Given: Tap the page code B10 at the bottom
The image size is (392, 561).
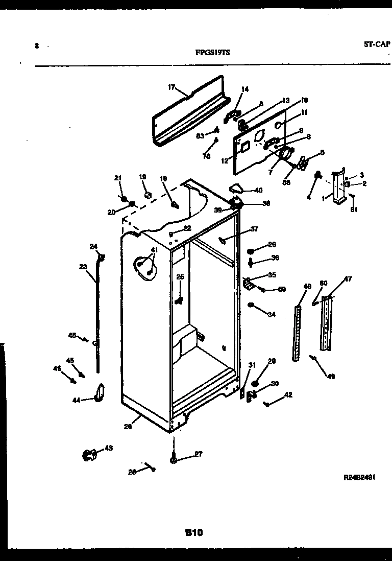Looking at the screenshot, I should tap(193, 532).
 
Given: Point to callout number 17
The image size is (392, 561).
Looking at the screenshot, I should tap(171, 87).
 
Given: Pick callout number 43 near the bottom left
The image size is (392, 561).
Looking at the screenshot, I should tap(108, 448).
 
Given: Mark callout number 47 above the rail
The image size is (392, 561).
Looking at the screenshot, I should tap(347, 279).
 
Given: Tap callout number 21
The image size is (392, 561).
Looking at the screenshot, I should tap(118, 178).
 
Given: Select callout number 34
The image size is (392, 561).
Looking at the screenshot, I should tap(271, 315).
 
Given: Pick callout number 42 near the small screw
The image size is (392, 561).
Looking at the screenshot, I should tap(288, 394).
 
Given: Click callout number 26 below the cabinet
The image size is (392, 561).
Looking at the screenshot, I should tap(128, 427).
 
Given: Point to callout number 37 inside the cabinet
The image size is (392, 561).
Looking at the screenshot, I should tap(254, 229).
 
